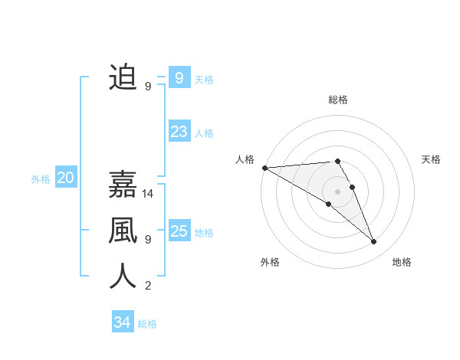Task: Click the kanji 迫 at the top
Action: [x=123, y=77]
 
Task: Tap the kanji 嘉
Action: [x=123, y=185]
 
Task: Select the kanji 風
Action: [x=123, y=231]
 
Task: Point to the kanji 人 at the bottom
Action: [x=123, y=277]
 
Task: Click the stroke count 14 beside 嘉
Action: [x=149, y=193]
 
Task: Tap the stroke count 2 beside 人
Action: [x=148, y=286]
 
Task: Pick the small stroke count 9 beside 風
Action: [x=148, y=240]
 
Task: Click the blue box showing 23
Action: [x=179, y=132]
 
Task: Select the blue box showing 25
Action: [x=179, y=231]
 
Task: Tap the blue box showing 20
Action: [x=65, y=178]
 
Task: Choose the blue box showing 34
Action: [x=122, y=322]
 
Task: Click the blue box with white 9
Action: [x=179, y=77]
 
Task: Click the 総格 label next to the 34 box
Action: [x=147, y=324]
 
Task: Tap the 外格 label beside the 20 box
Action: [x=41, y=179]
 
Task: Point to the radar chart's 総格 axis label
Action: [x=337, y=100]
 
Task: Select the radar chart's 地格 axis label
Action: [x=402, y=262]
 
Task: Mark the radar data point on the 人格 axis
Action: [x=264, y=167]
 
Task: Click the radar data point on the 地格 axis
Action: [x=374, y=242]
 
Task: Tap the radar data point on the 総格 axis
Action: [x=337, y=161]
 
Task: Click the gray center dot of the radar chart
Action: [x=337, y=191]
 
